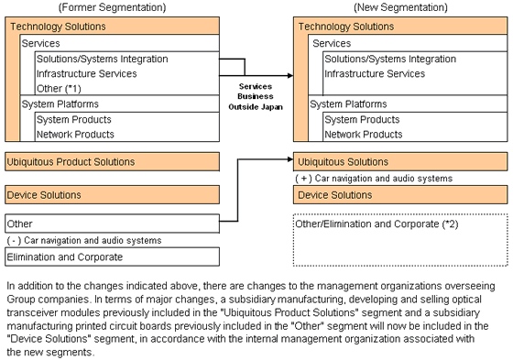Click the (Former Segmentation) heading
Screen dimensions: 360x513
pyautogui.click(x=112, y=8)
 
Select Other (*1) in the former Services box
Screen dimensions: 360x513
pyautogui.click(x=60, y=88)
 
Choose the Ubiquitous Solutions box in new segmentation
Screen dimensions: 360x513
pyautogui.click(x=344, y=162)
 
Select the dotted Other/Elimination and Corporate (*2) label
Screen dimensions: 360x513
pyautogui.click(x=364, y=224)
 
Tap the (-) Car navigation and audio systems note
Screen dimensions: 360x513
pyautogui.click(x=84, y=240)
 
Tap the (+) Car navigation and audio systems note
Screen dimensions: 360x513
pyautogui.click(x=374, y=179)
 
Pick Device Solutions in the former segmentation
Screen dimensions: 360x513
pyautogui.click(x=44, y=195)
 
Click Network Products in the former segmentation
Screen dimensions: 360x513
pyautogui.click(x=74, y=135)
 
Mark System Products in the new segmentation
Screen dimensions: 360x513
pyautogui.click(x=362, y=119)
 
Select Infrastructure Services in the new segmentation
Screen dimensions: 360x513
pyautogui.click(x=375, y=73)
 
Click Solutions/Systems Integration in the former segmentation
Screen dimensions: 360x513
pyautogui.click(x=103, y=59)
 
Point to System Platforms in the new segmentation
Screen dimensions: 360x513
pyautogui.click(x=348, y=104)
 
